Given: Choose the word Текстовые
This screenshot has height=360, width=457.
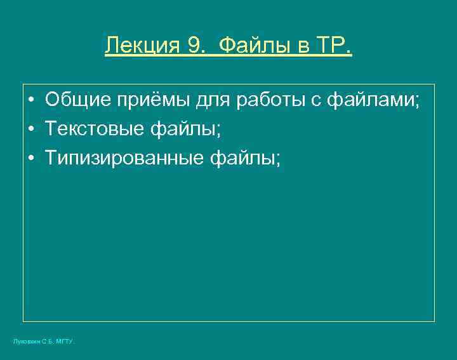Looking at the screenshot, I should coord(95,130).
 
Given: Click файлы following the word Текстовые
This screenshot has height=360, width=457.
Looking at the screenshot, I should coord(183,130).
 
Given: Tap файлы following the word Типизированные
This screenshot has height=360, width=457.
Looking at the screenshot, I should coord(244,159).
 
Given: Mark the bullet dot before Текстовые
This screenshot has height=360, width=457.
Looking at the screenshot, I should coord(31,130).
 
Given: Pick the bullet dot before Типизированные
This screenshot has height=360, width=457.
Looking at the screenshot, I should coord(31,159).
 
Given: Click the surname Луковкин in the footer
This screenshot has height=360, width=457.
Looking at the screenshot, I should coord(26,342).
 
